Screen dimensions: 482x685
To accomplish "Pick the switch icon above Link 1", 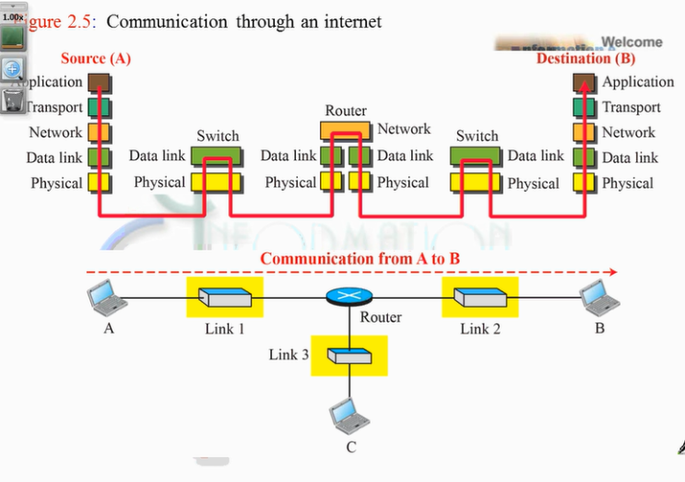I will coord(225,298).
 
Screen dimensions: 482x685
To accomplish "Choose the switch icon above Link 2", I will coord(479,298).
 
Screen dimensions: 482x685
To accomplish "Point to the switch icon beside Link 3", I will coord(349,356).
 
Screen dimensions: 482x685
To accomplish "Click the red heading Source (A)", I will coord(96,58).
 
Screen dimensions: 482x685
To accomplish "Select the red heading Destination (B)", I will coord(586,58).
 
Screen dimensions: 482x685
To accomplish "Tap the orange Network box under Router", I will coord(346,130).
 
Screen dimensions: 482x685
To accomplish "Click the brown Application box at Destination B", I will coord(584,83).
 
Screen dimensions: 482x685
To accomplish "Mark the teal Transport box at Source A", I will coord(99,108).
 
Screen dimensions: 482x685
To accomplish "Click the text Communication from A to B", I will coord(360,258).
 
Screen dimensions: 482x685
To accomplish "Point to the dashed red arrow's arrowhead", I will coord(612,273).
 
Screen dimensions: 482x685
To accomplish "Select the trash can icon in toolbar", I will coord(13,99).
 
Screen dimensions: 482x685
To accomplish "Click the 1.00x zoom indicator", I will coord(13,18).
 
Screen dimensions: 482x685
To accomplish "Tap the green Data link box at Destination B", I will coord(584,158).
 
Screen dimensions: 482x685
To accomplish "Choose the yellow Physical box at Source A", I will coord(99,182).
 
